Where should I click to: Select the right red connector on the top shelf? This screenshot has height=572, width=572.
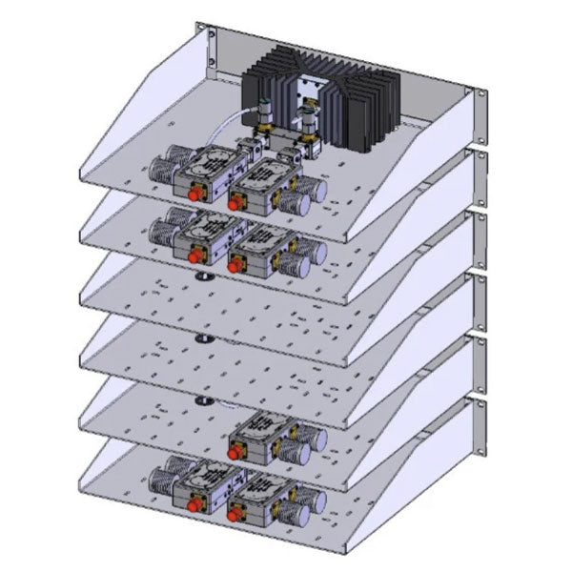pos(234,201)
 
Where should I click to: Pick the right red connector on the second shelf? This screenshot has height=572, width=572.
pos(234,265)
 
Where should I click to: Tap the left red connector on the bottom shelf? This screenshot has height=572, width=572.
pos(197,506)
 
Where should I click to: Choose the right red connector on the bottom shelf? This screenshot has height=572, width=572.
pos(234,515)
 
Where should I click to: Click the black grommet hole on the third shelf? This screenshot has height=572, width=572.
pos(202,277)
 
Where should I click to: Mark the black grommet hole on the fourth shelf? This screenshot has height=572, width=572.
pos(202,338)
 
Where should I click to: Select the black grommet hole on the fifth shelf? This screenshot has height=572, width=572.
pos(202,400)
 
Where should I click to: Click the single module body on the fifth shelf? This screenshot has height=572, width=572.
pos(262,434)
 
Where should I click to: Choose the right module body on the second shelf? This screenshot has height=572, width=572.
pos(262,243)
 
